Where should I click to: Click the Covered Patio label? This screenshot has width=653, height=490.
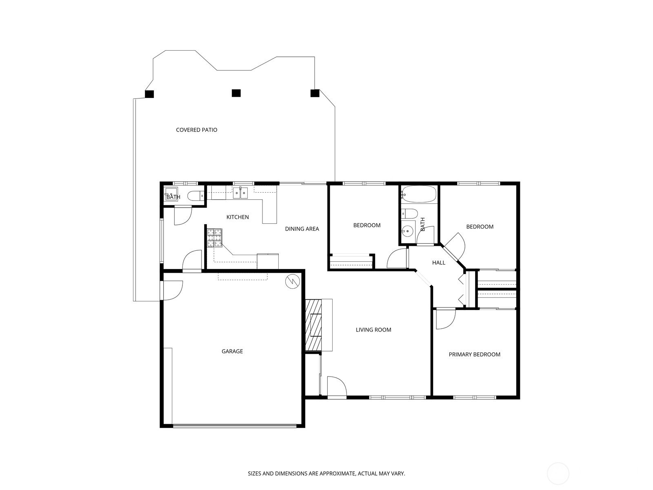coord(197,130)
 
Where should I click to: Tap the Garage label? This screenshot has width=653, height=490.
coord(232,351)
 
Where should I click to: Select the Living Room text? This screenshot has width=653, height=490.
coord(373,330)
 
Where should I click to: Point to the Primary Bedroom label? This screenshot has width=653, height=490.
coord(475,354)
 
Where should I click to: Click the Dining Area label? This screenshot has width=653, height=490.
coord(302,229)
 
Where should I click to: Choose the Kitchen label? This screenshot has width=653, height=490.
coord(238,217)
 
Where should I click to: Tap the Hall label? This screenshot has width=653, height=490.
coord(438,263)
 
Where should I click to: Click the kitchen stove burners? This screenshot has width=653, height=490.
coord(215,238)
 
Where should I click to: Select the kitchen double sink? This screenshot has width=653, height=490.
coord(240,192)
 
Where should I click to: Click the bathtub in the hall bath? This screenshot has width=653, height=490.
coord(419,194)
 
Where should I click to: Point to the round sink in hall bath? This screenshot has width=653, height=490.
coord(406,230)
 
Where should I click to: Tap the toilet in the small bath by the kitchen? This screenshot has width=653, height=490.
coord(196,196)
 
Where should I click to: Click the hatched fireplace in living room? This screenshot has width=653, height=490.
coord(313,325)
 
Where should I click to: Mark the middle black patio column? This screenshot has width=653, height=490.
coord(236,93)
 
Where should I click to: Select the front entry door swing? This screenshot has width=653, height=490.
coord(337,386)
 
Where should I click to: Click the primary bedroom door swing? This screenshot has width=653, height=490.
coord(446,319)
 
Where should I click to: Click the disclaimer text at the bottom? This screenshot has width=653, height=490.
coord(326,473)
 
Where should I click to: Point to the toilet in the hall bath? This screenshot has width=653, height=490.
coord(410,213)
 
